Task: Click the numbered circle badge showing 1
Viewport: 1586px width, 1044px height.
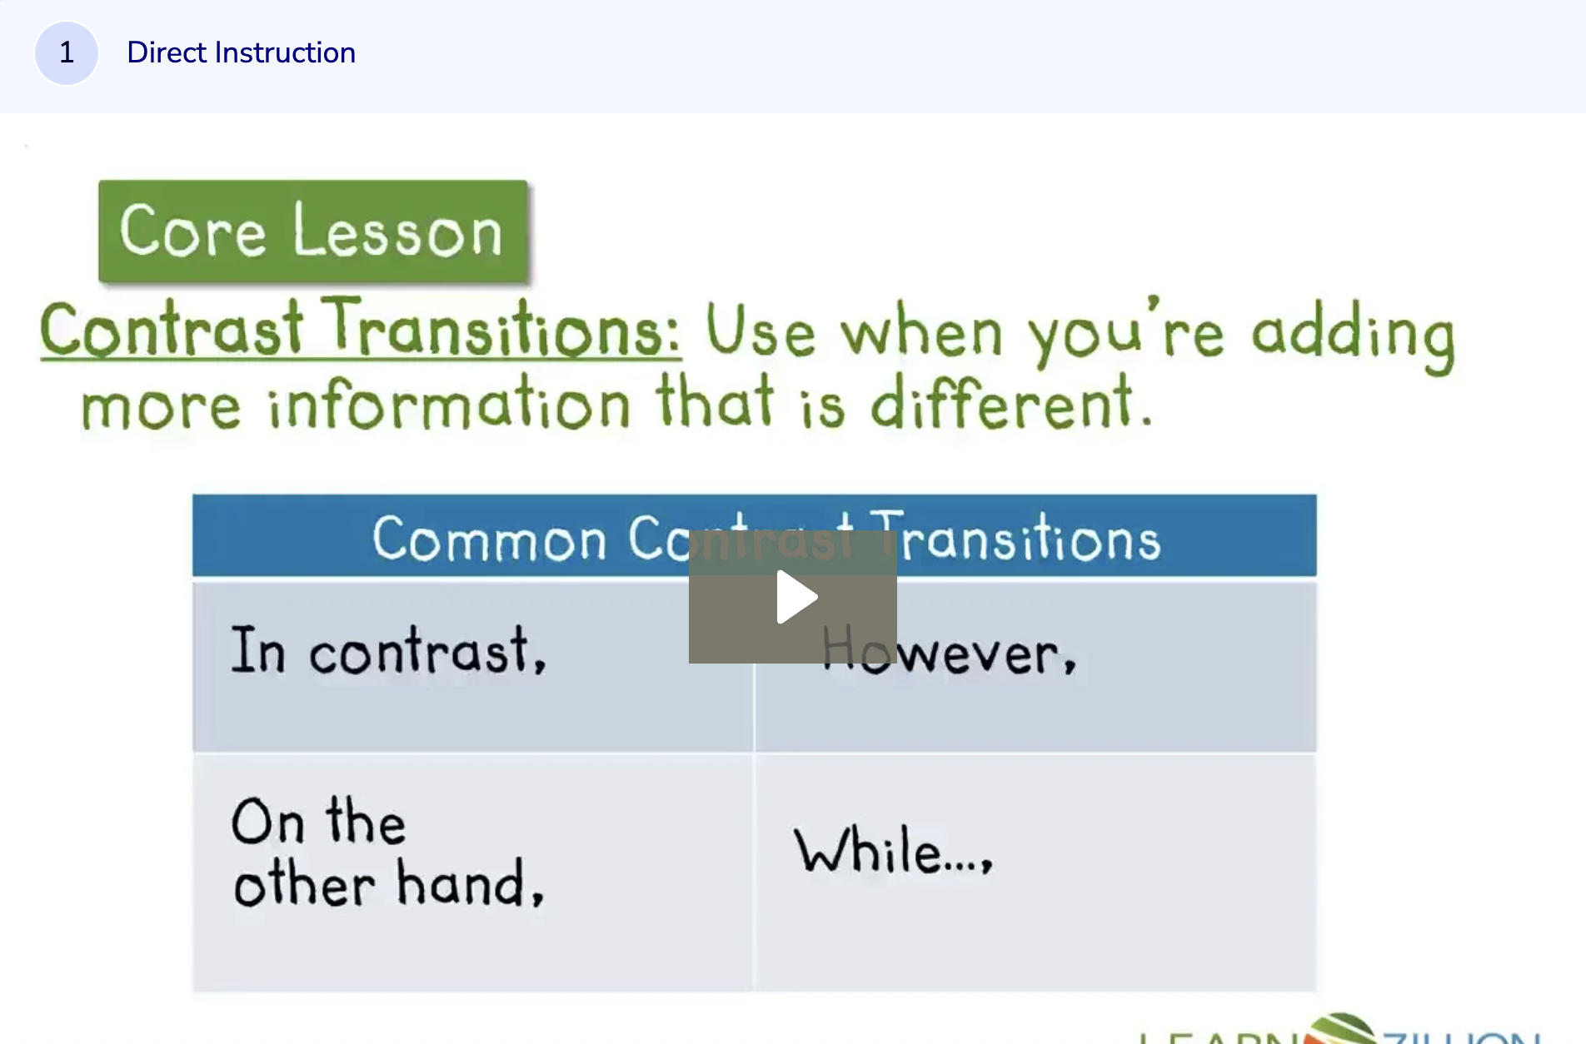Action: click(x=67, y=53)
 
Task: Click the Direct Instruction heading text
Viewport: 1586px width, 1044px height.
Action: click(x=241, y=53)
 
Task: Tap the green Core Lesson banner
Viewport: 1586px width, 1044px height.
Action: click(x=312, y=231)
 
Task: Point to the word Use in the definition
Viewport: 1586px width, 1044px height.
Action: click(x=760, y=331)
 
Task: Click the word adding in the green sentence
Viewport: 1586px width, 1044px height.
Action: click(x=1353, y=335)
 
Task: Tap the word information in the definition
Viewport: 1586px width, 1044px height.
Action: click(x=449, y=405)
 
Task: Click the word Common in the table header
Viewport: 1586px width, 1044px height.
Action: click(x=489, y=539)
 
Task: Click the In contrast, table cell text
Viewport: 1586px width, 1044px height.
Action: click(x=388, y=651)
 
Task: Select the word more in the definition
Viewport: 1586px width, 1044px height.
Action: click(x=161, y=408)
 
